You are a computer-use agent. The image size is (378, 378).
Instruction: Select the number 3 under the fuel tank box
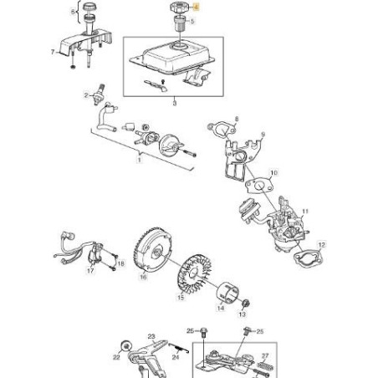click(173, 103)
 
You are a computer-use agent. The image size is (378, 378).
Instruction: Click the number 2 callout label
click(85, 96)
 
